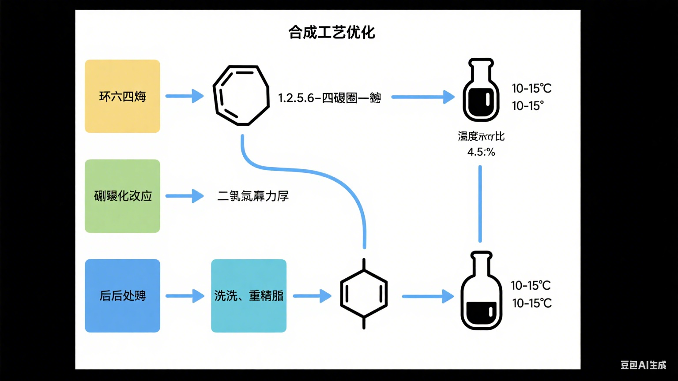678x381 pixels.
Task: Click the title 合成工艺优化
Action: pyautogui.click(x=331, y=32)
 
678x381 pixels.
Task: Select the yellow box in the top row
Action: pyautogui.click(x=122, y=96)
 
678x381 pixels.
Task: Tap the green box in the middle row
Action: pyautogui.click(x=122, y=196)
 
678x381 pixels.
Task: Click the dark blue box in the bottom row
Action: pyautogui.click(x=122, y=295)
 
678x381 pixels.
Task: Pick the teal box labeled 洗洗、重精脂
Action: pyautogui.click(x=249, y=295)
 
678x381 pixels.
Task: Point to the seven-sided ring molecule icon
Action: pyautogui.click(x=241, y=95)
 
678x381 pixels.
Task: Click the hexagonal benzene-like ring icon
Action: pyautogui.click(x=364, y=294)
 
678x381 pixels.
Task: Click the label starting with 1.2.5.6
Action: pyautogui.click(x=329, y=97)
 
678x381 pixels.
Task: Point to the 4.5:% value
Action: pyautogui.click(x=481, y=152)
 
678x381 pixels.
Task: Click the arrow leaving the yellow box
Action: pyautogui.click(x=185, y=96)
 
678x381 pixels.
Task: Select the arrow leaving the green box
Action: pyautogui.click(x=185, y=196)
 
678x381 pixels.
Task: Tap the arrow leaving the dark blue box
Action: pyautogui.click(x=185, y=295)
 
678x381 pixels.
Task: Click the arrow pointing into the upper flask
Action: pyautogui.click(x=422, y=97)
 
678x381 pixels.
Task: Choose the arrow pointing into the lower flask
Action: pyautogui.click(x=427, y=296)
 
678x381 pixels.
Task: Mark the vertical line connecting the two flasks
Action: pyautogui.click(x=480, y=204)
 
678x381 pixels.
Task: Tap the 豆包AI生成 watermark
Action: pyautogui.click(x=643, y=365)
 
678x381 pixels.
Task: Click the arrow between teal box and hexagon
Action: pyautogui.click(x=312, y=295)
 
